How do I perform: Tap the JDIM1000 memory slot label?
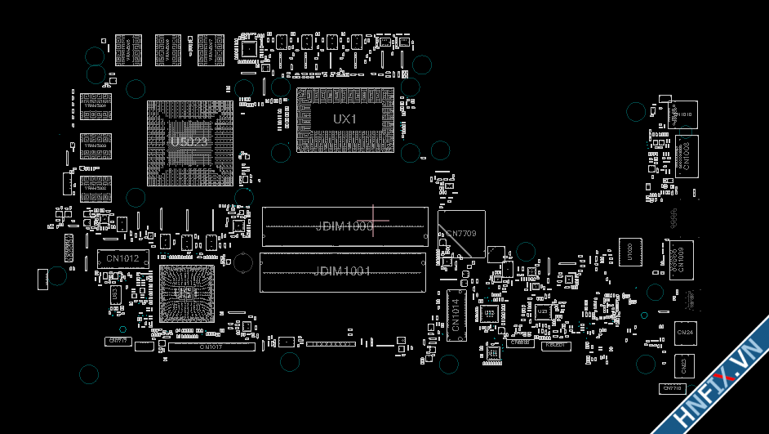coord(344,226)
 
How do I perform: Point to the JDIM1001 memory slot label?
coord(342,271)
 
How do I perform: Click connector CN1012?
coord(123,259)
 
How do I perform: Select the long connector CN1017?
coord(211,347)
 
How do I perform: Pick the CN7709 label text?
coord(460,234)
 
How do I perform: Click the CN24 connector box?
coord(685,332)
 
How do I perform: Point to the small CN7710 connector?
coord(672,388)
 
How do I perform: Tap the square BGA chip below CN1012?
coord(187,292)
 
